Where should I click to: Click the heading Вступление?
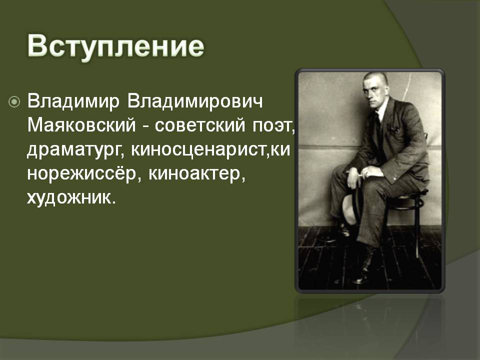115,47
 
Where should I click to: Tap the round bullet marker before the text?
14,102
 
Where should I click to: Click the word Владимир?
73,102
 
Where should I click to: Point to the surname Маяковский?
81,125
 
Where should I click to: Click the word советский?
200,125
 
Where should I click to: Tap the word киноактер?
197,174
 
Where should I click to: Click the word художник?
71,197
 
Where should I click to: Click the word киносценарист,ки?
210,150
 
